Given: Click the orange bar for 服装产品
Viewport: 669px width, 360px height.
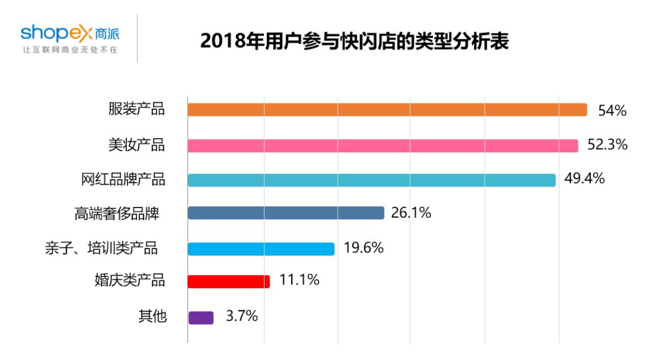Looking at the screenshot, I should pos(387,110).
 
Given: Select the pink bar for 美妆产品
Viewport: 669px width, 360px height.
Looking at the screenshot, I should pos(383,146).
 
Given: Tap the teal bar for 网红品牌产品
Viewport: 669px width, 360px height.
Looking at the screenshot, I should pos(372,180).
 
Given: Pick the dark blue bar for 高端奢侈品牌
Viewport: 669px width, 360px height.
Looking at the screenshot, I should pos(286,213).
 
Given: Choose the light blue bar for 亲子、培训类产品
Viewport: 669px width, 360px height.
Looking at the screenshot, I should pos(261,248).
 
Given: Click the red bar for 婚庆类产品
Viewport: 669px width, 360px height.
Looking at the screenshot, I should pos(229,281).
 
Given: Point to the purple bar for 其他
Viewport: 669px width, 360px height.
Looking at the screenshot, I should pos(201,317).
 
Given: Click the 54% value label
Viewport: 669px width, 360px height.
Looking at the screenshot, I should pos(612,111).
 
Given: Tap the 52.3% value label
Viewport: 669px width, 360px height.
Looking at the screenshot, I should pos(607,145).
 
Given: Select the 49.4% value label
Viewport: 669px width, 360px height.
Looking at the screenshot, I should pos(584,179).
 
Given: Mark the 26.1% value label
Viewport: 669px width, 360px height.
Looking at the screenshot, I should pos(411,213).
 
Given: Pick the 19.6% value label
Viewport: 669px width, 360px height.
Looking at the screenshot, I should pos(363,248).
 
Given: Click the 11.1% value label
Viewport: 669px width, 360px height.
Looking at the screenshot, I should pos(299,280).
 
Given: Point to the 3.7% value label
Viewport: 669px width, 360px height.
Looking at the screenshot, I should pos(241,316).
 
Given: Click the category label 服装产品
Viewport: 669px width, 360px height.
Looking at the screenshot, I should pos(136,110).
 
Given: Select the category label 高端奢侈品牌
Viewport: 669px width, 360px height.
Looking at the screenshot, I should pos(116,214).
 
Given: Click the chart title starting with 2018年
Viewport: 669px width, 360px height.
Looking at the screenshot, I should pos(355,42).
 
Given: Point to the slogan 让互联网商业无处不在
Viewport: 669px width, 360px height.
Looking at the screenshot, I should pos(69,49).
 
